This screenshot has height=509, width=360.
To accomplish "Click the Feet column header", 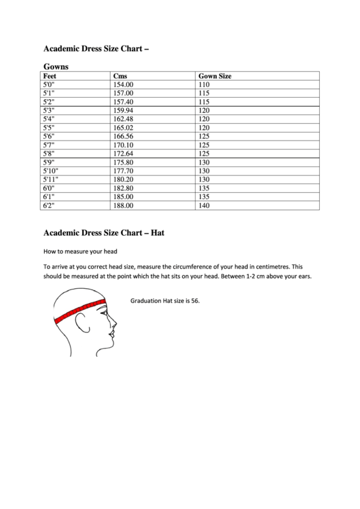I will pyautogui.click(x=49, y=76).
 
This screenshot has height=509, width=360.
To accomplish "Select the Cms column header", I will pyautogui.click(x=120, y=76).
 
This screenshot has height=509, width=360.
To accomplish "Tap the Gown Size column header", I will pyautogui.click(x=215, y=76).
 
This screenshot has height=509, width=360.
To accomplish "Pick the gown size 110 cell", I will pyautogui.click(x=204, y=84).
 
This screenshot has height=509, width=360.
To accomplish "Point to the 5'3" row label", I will pyautogui.click(x=48, y=109).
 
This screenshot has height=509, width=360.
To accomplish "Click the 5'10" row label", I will pyautogui.click(x=51, y=171).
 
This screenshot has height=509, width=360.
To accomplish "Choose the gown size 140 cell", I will pyautogui.click(x=204, y=205).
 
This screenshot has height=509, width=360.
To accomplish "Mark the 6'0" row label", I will pyautogui.click(x=48, y=188).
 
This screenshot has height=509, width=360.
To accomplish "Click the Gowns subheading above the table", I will pyautogui.click(x=56, y=67).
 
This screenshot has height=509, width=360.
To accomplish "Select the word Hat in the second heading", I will pyautogui.click(x=158, y=232).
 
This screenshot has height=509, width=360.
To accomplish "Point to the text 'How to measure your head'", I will pyautogui.click(x=80, y=251).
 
